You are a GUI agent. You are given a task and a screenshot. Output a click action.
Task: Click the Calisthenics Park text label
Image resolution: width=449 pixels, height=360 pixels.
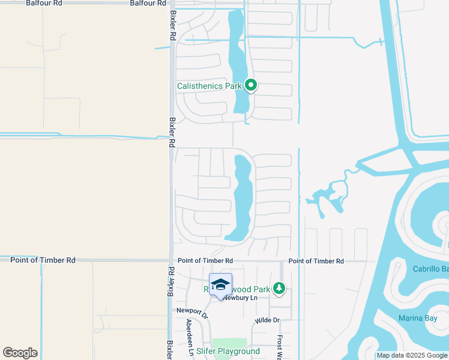point(208,86)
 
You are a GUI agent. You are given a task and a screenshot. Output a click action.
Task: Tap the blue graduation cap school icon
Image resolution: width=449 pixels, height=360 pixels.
point(220,284)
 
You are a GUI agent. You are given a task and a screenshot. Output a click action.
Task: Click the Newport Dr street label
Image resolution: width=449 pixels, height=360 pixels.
point(192,313)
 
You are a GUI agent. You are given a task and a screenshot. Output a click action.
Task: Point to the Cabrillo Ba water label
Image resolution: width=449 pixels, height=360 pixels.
point(430,269)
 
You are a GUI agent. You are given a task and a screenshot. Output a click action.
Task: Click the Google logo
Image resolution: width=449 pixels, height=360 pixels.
point(20,353)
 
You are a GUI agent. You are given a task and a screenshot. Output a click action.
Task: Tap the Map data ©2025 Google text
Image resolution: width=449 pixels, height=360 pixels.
point(412,355)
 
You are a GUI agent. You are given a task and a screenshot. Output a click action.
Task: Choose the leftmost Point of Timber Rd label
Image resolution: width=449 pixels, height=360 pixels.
point(43,260)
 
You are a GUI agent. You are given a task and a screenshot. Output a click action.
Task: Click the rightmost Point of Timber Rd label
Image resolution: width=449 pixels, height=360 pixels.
point(316,261)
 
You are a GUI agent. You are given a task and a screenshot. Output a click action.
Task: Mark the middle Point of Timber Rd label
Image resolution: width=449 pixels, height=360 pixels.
point(205,261)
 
